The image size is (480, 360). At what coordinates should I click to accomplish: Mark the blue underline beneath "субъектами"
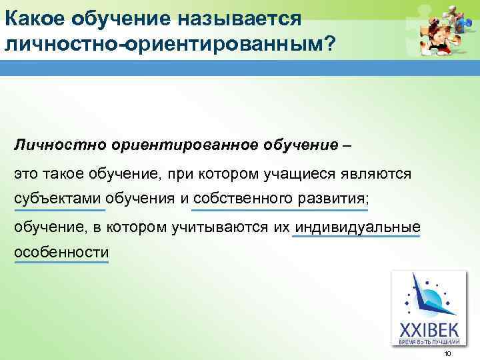tap(59, 211)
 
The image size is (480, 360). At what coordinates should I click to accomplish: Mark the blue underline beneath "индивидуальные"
tap(357, 236)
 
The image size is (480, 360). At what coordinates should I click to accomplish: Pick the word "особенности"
tap(61, 253)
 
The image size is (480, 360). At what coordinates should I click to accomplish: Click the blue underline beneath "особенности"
tap(61, 262)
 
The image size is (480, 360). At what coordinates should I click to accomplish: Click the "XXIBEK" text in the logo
tap(428, 330)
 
